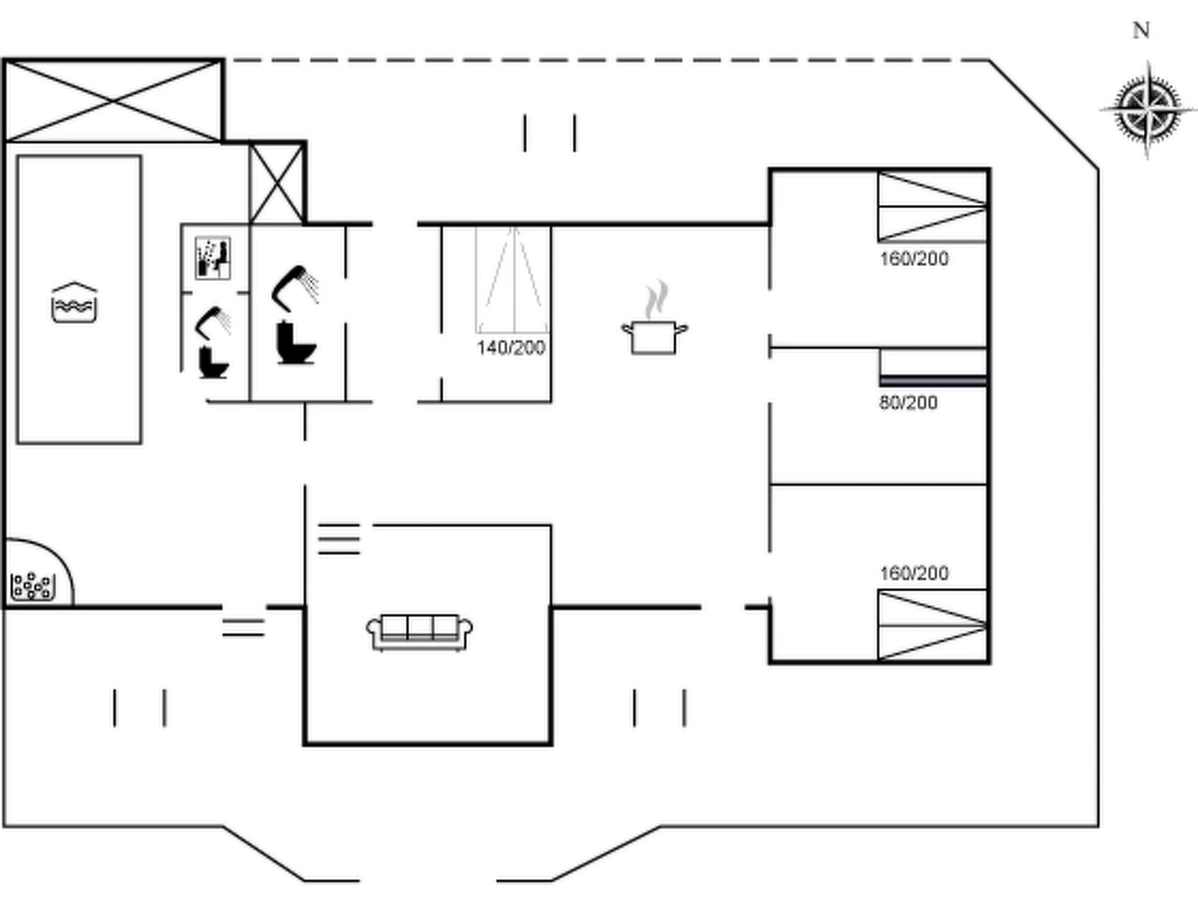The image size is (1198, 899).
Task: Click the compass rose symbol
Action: pos(1147,109)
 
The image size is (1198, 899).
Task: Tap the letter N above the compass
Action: pos(1141,30)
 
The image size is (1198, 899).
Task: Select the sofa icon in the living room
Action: pos(419,632)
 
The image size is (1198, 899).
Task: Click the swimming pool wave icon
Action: pos(74,303)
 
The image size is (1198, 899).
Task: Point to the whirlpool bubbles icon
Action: pos(33,586)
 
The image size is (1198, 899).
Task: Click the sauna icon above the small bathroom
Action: pos(212,258)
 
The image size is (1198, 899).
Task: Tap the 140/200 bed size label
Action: pos(511,348)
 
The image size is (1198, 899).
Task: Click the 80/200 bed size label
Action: pos(908,403)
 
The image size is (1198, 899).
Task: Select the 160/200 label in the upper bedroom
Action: pos(914,259)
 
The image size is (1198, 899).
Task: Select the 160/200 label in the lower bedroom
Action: pos(914,573)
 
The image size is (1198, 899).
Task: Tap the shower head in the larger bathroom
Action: pos(296,287)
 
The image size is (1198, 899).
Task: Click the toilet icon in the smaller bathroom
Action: pos(213,363)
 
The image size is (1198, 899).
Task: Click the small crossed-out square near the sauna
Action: pos(276,183)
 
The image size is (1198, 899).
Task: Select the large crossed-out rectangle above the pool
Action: pos(113,101)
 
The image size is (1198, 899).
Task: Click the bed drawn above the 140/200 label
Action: pos(512,280)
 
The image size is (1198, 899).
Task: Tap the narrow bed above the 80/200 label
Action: pos(933,368)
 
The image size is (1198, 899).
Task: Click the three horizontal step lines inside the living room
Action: pos(339,538)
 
